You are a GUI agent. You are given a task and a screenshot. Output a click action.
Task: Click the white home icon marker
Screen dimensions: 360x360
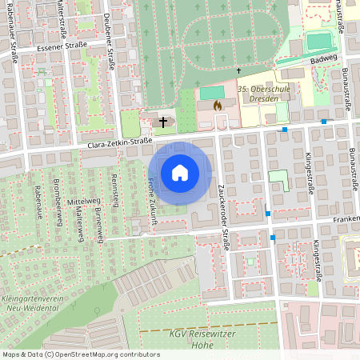tap(180, 173)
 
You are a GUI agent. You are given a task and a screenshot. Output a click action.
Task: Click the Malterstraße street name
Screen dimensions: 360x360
tap(62, 21)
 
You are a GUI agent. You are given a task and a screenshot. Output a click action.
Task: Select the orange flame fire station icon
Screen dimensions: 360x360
tap(217, 104)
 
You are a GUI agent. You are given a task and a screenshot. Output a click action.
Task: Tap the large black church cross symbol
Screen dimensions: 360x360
tap(164, 122)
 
